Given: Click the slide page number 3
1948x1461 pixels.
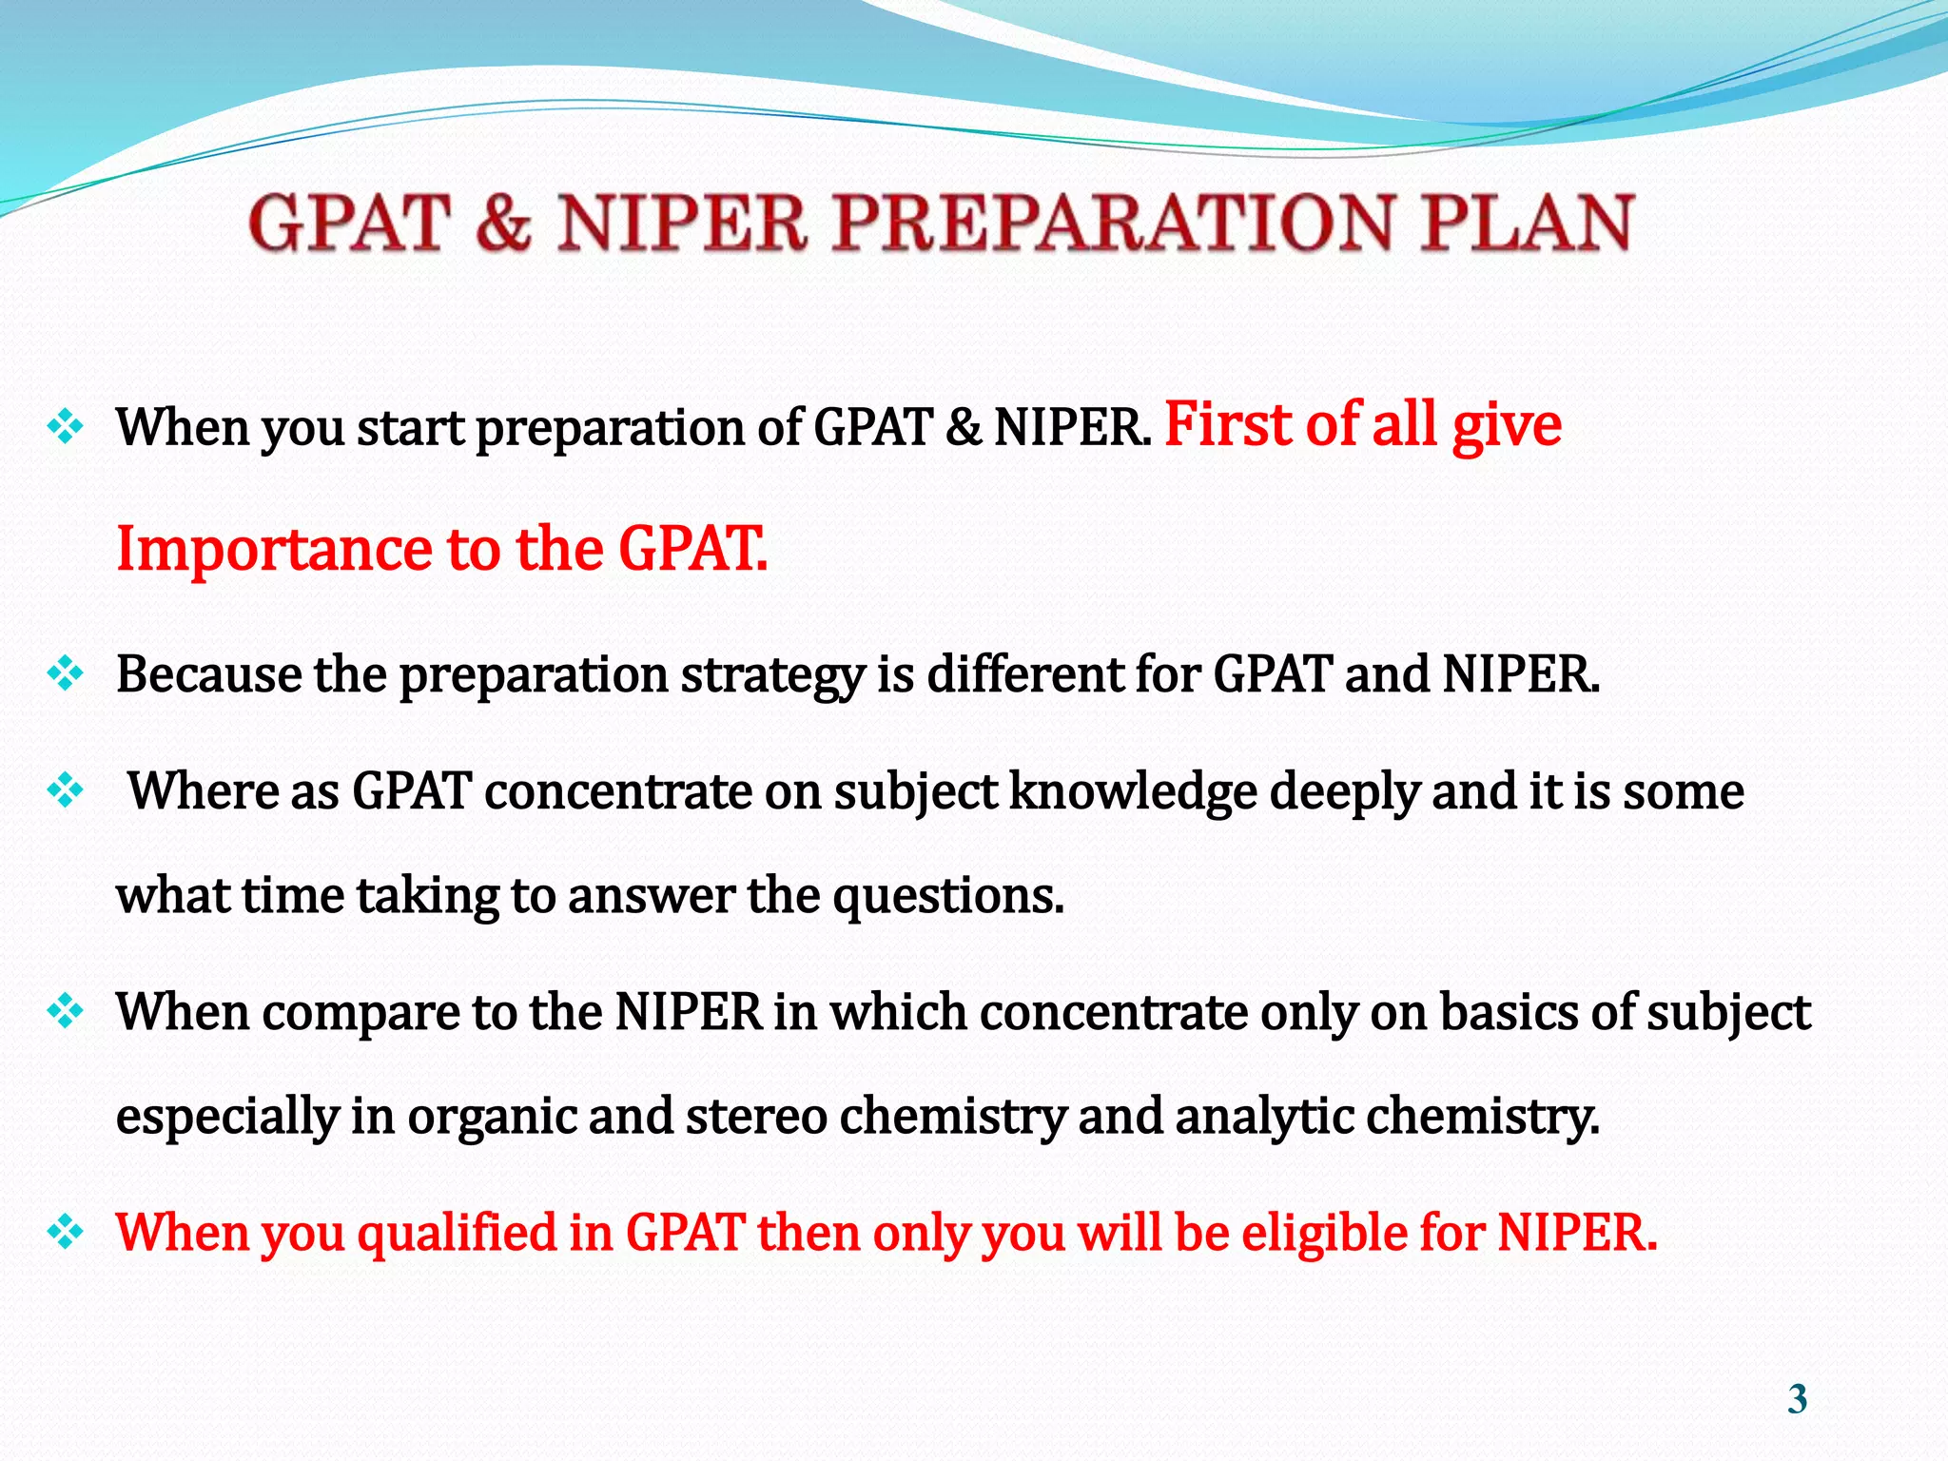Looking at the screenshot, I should (x=1797, y=1399).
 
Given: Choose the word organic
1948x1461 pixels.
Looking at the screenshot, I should (x=491, y=1117).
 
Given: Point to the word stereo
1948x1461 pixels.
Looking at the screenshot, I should (x=755, y=1115).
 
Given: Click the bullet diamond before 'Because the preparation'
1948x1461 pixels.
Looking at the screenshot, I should (x=66, y=673).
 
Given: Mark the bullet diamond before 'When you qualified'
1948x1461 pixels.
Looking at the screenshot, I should (x=66, y=1232).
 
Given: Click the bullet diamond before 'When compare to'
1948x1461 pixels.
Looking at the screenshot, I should (x=66, y=1010).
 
